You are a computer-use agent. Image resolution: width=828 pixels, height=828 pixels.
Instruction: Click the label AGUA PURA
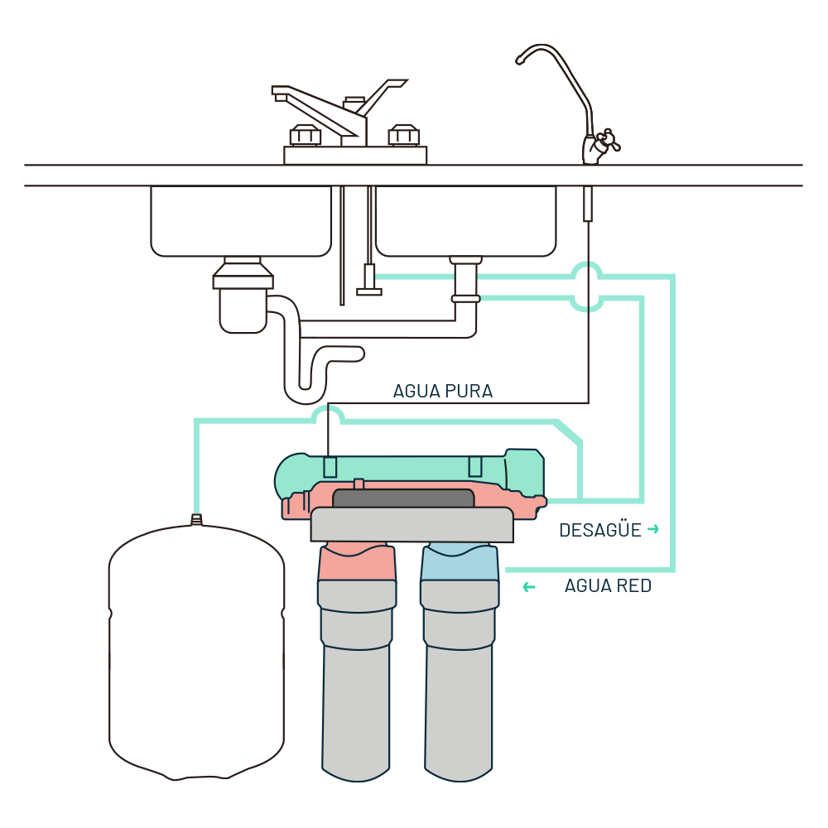tap(443, 392)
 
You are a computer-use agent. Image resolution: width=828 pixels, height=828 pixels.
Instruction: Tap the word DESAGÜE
tap(600, 530)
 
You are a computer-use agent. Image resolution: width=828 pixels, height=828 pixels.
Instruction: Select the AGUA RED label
tap(608, 586)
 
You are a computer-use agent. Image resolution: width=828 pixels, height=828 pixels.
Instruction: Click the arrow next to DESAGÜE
tap(653, 529)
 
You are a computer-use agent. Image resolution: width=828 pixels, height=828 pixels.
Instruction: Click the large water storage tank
tap(196, 654)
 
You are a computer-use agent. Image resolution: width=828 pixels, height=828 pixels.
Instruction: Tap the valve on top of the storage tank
tap(196, 519)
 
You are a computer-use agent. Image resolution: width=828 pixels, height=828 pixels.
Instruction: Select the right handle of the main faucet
tap(403, 135)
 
